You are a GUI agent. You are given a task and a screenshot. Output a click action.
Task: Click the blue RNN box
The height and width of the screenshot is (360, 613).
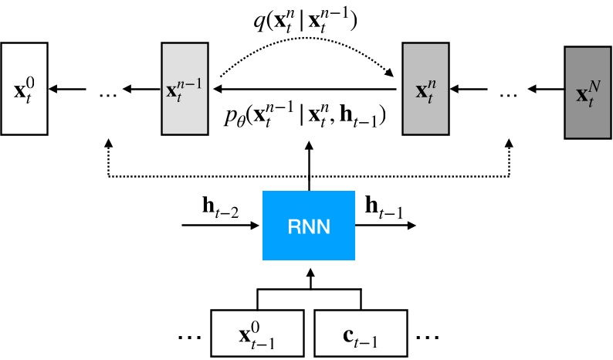[x=309, y=225]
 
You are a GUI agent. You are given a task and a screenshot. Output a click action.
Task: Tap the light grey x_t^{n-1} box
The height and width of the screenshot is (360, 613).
[x=185, y=90]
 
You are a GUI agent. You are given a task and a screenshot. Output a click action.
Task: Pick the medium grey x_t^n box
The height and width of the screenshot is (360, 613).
[x=426, y=90]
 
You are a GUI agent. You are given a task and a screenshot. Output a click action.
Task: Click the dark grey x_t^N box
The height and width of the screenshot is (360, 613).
[x=588, y=92]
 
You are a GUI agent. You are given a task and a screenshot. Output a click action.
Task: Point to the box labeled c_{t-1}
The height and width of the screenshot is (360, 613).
[x=361, y=335]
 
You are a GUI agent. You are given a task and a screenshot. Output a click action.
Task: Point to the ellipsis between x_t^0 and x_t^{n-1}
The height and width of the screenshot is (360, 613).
[x=108, y=93]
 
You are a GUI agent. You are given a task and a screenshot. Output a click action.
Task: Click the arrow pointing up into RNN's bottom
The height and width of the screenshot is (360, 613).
[x=309, y=277]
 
